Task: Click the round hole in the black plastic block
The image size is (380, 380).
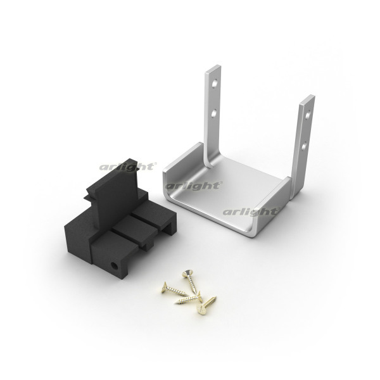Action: click(114, 266)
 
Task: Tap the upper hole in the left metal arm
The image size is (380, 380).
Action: click(215, 84)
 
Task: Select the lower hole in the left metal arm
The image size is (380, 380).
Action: click(214, 113)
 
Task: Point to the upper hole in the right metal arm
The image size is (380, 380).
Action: click(308, 115)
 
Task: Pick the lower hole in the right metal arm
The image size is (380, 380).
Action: click(305, 145)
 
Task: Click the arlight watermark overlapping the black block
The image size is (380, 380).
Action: click(128, 167)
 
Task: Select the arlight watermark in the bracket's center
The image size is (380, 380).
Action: click(193, 186)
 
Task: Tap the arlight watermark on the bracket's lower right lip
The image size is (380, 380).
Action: click(251, 212)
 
